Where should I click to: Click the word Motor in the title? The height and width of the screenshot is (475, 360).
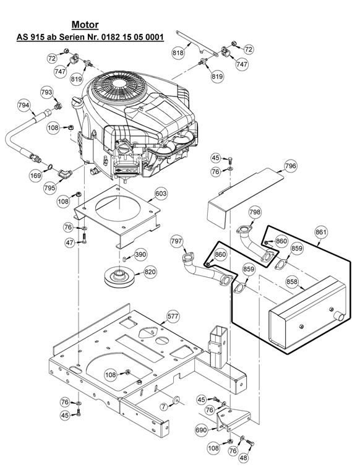click(85, 25)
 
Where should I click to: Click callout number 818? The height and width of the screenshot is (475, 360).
click(178, 53)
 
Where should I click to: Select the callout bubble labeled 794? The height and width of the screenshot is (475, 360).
click(24, 105)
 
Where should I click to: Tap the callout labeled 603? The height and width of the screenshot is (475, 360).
click(161, 193)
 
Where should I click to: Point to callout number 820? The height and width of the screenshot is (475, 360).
click(150, 272)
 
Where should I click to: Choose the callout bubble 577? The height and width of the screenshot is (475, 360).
click(173, 316)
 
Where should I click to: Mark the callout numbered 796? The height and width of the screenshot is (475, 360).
click(290, 166)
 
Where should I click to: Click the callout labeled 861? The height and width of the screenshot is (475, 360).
click(321, 233)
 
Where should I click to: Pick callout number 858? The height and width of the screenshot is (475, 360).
click(292, 282)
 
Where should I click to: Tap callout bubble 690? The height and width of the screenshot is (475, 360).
click(202, 430)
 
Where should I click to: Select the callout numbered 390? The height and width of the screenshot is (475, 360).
click(140, 254)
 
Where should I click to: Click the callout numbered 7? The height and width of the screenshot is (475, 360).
click(164, 407)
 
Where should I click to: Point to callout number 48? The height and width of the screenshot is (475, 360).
click(243, 458)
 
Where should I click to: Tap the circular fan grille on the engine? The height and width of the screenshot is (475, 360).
click(114, 86)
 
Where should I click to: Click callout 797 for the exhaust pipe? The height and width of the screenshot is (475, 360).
click(176, 241)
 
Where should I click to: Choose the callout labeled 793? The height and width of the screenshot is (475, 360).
click(46, 92)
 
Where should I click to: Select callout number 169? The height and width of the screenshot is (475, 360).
click(36, 176)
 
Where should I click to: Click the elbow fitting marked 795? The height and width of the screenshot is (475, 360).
click(65, 174)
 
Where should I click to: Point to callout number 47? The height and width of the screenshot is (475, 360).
click(70, 242)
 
